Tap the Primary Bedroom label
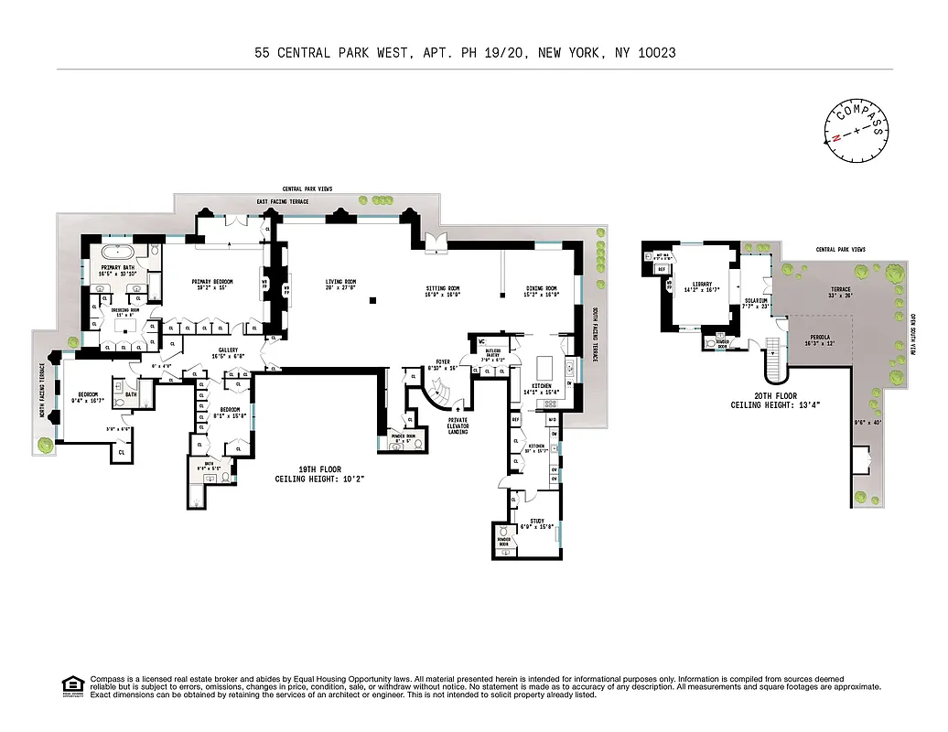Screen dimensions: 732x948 pyautogui.click(x=211, y=281)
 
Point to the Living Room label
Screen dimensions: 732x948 pyautogui.click(x=341, y=281)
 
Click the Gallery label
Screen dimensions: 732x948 pyautogui.click(x=225, y=349)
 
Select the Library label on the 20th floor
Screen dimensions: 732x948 pyautogui.click(x=701, y=284)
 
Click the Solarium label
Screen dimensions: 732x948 pyautogui.click(x=755, y=299)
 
